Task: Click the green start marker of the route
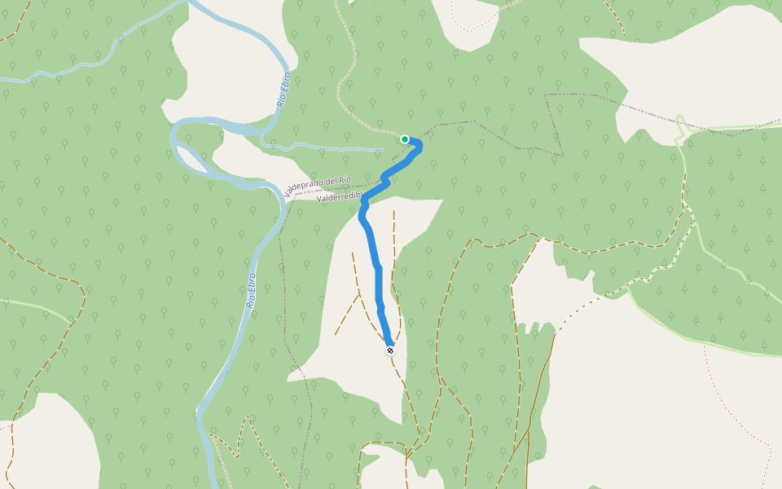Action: (405, 139)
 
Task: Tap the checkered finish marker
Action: (390, 350)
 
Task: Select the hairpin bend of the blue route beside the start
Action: (419, 145)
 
